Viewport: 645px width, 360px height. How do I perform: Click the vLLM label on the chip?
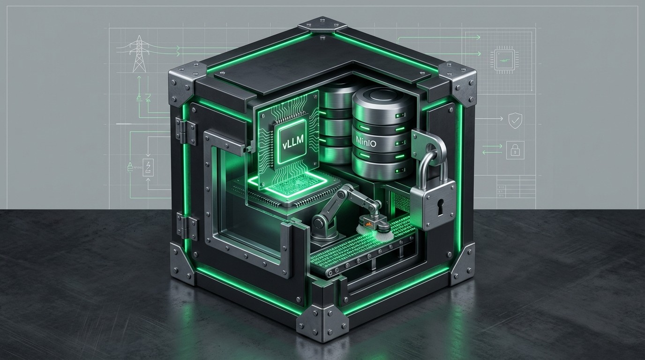(x=292, y=143)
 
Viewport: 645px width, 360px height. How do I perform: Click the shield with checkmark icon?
(x=516, y=120)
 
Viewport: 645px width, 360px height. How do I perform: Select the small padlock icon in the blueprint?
(x=515, y=150)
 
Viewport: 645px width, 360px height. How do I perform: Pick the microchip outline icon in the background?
(x=504, y=60)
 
